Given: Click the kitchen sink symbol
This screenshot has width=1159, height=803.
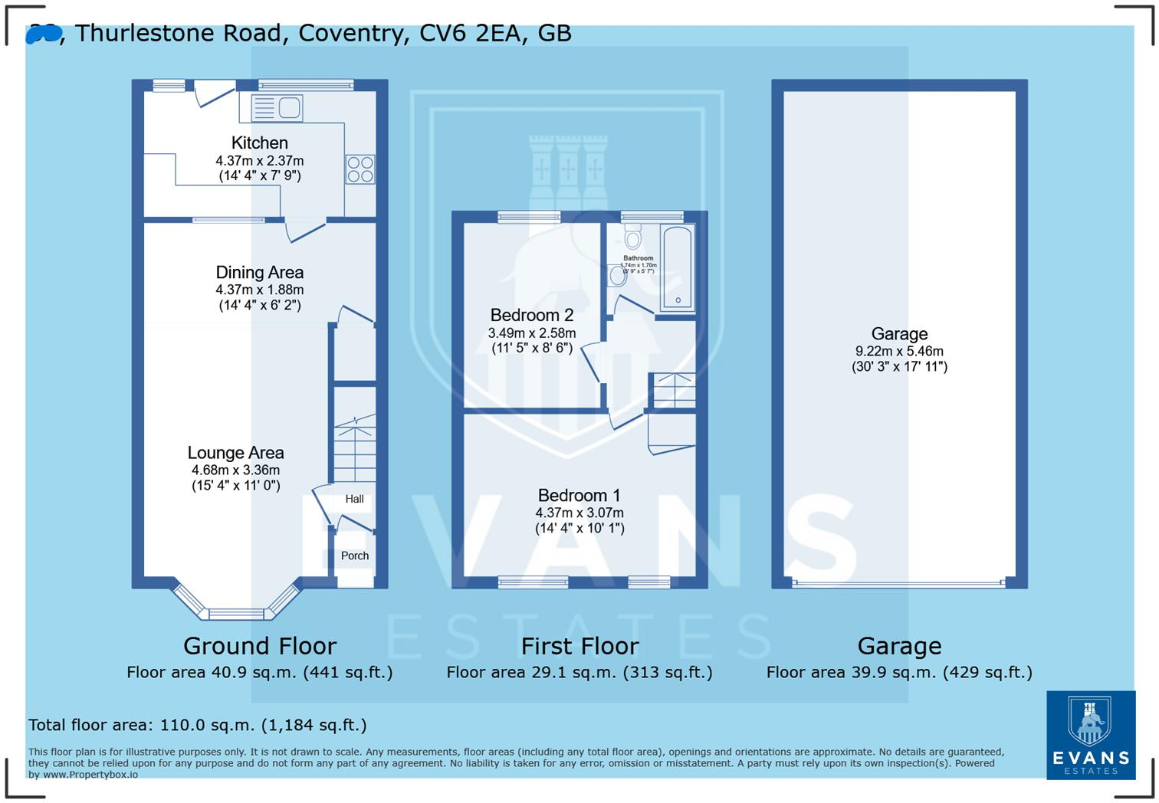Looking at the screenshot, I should click(x=277, y=108).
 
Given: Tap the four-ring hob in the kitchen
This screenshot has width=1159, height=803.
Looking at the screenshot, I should click(x=360, y=169).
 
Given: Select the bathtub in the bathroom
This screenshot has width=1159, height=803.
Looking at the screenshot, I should click(x=678, y=267).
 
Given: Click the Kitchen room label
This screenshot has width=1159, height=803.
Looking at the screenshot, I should click(x=260, y=143).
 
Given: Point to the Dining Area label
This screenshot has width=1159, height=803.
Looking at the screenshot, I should click(x=259, y=272).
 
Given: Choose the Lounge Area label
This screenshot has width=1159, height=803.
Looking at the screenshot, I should click(x=235, y=453).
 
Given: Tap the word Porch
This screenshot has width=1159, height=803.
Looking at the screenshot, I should click(x=355, y=556).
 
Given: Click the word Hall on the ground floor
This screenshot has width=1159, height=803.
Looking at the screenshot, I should click(x=354, y=499).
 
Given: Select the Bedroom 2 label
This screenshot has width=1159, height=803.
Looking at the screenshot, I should click(x=532, y=315).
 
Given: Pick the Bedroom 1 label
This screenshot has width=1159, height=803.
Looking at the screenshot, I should click(x=579, y=496).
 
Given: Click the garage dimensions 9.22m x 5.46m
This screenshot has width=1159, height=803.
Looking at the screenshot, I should click(x=899, y=351).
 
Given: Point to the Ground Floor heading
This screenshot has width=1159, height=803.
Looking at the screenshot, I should click(x=259, y=646).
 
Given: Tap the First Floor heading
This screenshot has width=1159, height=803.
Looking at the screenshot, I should click(x=579, y=646).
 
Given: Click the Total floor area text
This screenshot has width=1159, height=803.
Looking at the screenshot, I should click(x=198, y=725).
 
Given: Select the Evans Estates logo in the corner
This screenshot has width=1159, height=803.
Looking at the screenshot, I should click(x=1090, y=735).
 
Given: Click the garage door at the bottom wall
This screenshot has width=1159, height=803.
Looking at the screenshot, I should click(x=898, y=583).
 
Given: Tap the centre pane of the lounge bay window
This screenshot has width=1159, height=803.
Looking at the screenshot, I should click(x=236, y=613).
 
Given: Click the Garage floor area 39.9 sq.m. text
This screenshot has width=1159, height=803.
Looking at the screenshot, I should click(x=899, y=672).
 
